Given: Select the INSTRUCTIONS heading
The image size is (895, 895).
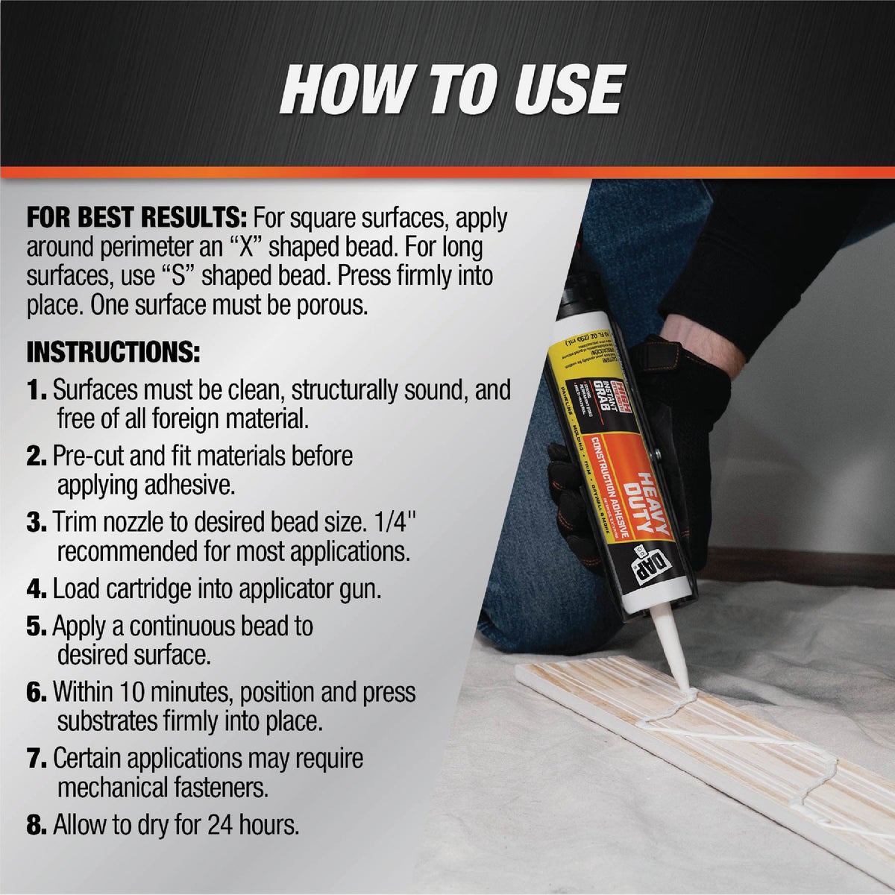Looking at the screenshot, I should coord(113,352).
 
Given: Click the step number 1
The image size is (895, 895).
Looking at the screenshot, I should coord(36,390).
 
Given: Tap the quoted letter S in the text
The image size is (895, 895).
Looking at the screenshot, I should coord(169,276).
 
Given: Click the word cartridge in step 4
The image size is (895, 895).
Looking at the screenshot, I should coord(148,589).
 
